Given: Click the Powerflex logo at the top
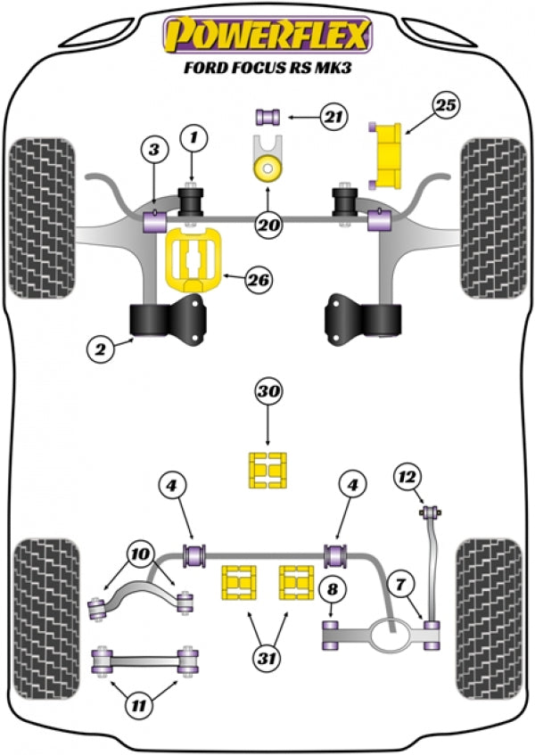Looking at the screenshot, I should (266, 35).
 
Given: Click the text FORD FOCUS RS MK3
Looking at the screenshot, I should (266, 68).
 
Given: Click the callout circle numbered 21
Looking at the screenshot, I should (333, 115).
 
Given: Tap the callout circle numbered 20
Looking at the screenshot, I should (267, 226).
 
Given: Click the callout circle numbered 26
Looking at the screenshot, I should (259, 280).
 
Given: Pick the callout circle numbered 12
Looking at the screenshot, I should (406, 478).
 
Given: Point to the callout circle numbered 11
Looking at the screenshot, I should (136, 707).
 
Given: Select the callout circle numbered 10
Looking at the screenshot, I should (139, 554).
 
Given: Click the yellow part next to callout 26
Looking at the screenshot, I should (193, 260).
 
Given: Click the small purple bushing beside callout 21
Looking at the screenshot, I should (269, 115).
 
